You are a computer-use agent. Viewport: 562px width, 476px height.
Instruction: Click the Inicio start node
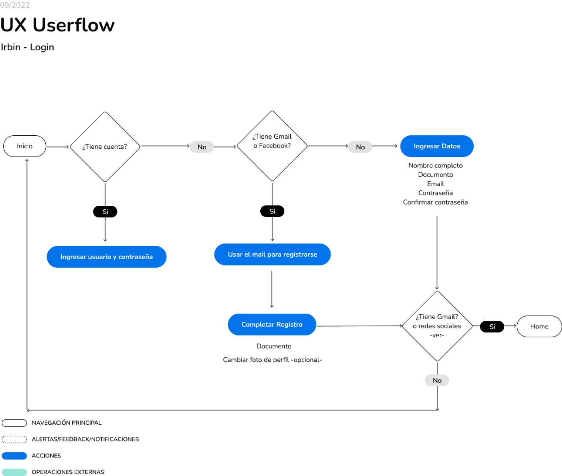25,146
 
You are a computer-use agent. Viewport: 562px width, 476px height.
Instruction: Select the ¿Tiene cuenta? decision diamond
105,147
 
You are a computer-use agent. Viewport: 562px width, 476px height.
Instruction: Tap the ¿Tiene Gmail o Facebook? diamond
272,146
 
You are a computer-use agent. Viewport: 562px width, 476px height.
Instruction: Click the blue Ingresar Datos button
437,146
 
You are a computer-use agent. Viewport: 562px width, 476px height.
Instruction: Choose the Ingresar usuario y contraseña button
106,257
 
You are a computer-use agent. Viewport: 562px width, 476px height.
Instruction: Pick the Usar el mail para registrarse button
272,254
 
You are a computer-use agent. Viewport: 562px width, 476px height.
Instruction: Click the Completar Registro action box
272,325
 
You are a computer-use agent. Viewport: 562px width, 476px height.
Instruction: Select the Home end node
539,326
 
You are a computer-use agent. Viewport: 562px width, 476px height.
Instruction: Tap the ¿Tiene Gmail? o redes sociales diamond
437,326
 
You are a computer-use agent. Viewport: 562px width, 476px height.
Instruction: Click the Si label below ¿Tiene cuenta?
105,212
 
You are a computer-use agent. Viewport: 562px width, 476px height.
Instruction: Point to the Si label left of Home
492,327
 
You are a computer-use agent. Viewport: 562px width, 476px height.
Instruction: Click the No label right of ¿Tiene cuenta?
202,147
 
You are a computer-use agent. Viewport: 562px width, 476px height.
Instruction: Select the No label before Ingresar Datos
360,147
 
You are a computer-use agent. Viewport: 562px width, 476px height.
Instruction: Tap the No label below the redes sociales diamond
437,380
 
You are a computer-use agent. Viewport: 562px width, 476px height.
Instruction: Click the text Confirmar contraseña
435,202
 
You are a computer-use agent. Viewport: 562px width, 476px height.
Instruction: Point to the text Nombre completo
435,165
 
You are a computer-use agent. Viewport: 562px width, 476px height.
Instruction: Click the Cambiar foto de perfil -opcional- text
272,360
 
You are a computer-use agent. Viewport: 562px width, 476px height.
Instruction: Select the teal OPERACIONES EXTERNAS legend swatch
14,472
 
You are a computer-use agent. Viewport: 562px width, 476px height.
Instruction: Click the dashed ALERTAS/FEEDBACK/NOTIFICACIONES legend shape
14,439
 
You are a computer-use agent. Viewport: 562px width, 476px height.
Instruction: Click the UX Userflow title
57,25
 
